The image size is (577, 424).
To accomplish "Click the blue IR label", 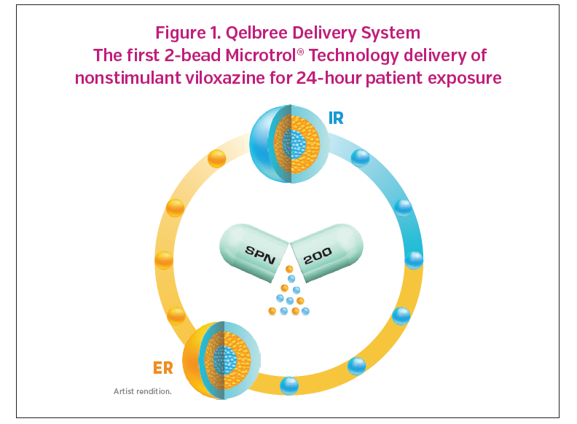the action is click(336, 118).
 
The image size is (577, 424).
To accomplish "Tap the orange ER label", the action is click(163, 368).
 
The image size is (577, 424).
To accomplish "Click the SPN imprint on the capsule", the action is click(260, 255).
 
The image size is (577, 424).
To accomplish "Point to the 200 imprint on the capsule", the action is click(318, 256).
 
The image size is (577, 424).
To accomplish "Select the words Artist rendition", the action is click(142, 391).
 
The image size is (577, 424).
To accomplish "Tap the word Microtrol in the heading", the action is click(261, 55).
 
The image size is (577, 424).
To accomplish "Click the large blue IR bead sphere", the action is click(290, 144).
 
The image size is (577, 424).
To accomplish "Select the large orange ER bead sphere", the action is click(221, 361).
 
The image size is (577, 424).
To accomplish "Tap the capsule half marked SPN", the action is click(254, 251).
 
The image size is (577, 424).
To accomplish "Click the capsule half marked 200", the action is click(327, 251).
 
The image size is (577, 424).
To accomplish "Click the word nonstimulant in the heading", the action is click(127, 78).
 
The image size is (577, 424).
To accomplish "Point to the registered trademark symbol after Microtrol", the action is click(300, 52).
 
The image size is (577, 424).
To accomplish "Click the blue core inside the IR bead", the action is click(294, 144).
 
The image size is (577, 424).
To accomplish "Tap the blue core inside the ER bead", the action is click(225, 360).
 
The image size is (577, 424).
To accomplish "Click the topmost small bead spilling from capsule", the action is click(289, 269).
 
